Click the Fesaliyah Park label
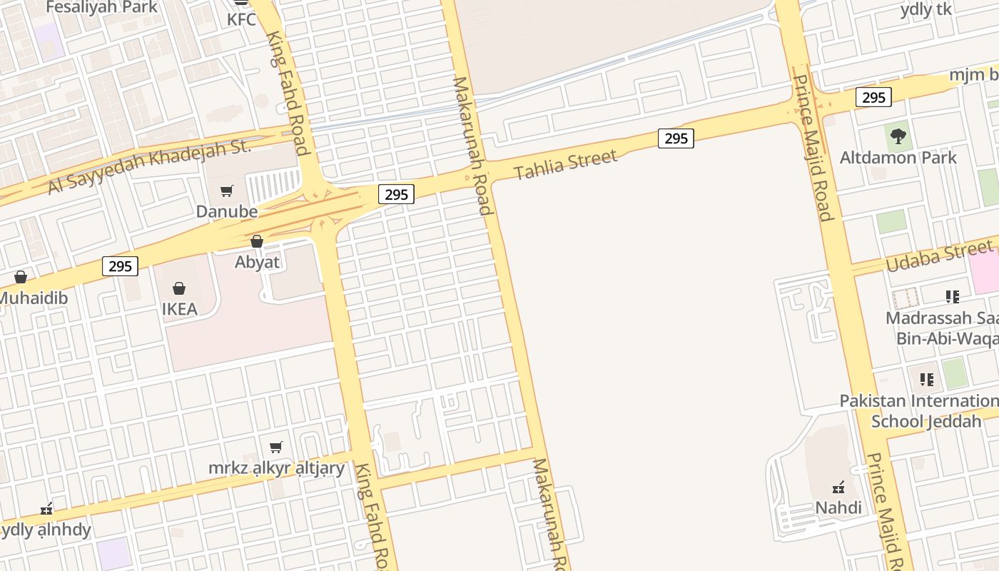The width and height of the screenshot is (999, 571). pyautogui.click(x=101, y=7)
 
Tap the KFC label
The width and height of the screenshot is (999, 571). pyautogui.click(x=241, y=19)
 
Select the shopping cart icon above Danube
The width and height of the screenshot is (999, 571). pyautogui.click(x=227, y=191)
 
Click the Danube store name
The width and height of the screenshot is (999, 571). pyautogui.click(x=227, y=211)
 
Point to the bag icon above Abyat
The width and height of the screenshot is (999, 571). pyautogui.click(x=257, y=241)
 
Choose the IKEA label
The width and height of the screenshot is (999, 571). pyautogui.click(x=179, y=309)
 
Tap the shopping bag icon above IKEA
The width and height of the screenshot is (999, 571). pyautogui.click(x=179, y=288)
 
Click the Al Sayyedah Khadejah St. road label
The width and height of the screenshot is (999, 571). pyautogui.click(x=150, y=166)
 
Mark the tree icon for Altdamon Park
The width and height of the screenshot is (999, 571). pyautogui.click(x=898, y=136)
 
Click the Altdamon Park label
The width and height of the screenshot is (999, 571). pyautogui.click(x=898, y=157)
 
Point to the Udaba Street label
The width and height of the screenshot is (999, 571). pyautogui.click(x=939, y=256)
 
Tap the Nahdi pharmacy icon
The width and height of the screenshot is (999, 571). pyautogui.click(x=839, y=487)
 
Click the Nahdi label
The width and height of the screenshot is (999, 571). pyautogui.click(x=839, y=507)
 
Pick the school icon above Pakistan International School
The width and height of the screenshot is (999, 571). pyautogui.click(x=926, y=379)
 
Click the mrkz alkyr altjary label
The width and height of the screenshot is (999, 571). pyautogui.click(x=276, y=468)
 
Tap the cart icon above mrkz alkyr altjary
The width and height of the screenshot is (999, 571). pyautogui.click(x=276, y=448)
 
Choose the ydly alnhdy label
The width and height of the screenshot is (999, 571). pyautogui.click(x=46, y=530)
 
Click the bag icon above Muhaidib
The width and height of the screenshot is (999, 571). pyautogui.click(x=21, y=277)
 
